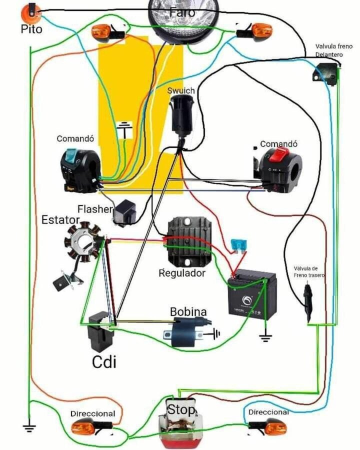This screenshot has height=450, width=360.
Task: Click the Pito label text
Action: [31, 29]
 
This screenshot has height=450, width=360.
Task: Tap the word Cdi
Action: [104, 361]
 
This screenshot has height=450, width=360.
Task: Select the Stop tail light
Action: [181, 425]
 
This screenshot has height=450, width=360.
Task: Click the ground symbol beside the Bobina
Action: [215, 332]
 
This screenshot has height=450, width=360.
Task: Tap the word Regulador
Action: [182, 273]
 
